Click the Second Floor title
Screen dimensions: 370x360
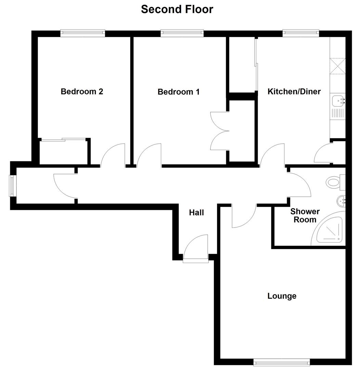[x=177, y=9]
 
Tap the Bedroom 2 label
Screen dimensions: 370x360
[x=82, y=91]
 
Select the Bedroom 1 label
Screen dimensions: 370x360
[x=178, y=92]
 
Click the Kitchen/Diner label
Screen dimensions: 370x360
[x=294, y=91]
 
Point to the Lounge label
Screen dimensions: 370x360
[x=282, y=296]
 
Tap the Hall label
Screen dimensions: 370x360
[x=196, y=213]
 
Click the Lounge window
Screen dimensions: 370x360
[x=282, y=362]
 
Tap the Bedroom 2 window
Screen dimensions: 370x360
[x=82, y=33]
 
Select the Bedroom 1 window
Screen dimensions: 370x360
[x=182, y=33]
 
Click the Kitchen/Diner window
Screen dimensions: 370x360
[x=301, y=33]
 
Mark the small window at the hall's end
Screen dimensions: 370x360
[x=13, y=186]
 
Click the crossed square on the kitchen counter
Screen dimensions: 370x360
[x=337, y=66]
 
